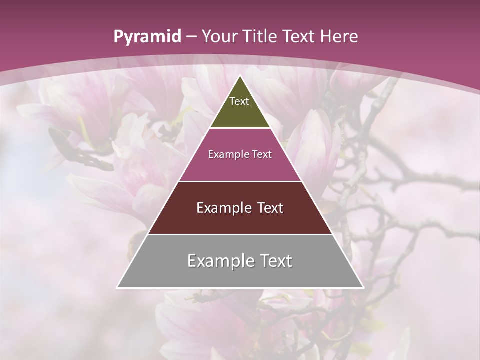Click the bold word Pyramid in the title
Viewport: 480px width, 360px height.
click(x=147, y=37)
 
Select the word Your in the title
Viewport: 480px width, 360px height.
click(x=218, y=37)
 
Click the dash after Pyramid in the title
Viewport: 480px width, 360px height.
click(x=191, y=37)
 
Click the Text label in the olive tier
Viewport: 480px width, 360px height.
click(x=239, y=101)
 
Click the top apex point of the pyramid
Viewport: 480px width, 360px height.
click(x=240, y=76)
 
